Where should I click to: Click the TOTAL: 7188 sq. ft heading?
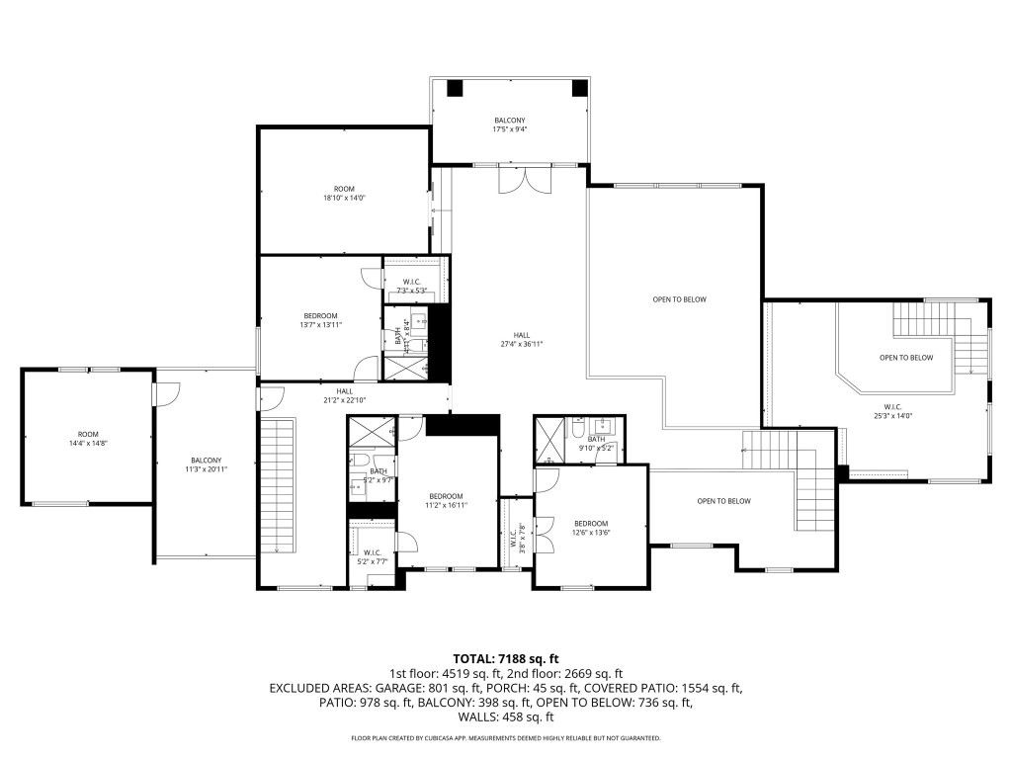(x=506, y=658)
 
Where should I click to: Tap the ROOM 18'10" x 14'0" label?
(x=344, y=193)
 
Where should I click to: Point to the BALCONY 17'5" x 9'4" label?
(x=510, y=125)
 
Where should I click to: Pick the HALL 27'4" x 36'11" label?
(x=522, y=339)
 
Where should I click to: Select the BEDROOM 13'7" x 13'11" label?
(x=320, y=320)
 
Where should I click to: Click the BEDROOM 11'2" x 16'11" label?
(x=446, y=500)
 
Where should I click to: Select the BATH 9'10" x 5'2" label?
(x=596, y=444)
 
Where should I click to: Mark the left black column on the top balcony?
(x=455, y=88)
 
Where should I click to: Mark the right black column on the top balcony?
(x=578, y=88)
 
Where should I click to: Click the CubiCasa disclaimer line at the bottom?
(x=506, y=738)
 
